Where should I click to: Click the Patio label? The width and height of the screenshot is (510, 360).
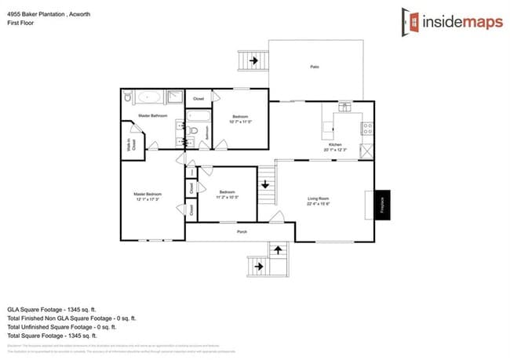click(x=314, y=67)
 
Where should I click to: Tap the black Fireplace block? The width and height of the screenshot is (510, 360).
click(x=382, y=205)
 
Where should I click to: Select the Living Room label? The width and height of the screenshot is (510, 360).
click(x=317, y=199)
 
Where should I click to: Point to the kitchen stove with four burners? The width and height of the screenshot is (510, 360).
click(x=365, y=127)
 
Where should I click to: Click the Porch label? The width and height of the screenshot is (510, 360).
click(x=242, y=232)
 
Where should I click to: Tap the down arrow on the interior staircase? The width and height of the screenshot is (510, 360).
click(x=265, y=185)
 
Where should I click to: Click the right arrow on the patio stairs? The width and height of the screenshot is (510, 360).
click(x=253, y=60)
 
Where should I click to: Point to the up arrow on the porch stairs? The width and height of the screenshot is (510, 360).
click(x=276, y=250)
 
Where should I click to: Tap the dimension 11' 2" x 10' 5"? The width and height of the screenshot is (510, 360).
click(x=227, y=197)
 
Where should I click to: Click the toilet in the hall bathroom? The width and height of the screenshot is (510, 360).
click(x=193, y=130)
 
